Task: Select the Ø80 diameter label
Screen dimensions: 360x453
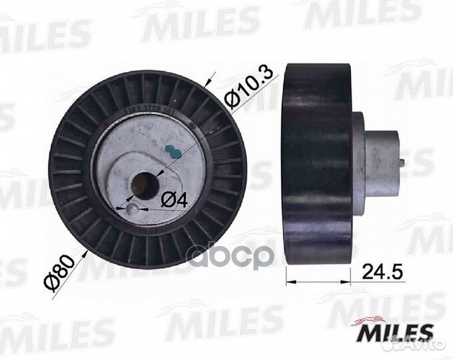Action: (67, 266)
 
